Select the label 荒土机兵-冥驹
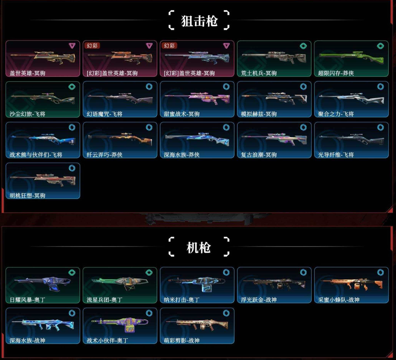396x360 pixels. coord(259,73)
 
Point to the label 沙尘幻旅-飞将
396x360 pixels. coord(27,114)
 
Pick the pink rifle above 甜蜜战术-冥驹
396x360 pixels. coord(196,97)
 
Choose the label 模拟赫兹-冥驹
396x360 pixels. coord(259,114)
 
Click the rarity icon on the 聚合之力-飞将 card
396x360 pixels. coord(380,86)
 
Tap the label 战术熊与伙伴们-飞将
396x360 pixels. coord(37,154)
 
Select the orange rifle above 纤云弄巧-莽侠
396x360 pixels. coord(119,137)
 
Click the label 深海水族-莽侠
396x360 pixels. coord(182,154)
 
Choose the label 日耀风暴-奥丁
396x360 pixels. coord(27,299)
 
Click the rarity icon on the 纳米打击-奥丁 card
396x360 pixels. coord(226,273)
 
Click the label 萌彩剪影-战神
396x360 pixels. coord(182,340)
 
